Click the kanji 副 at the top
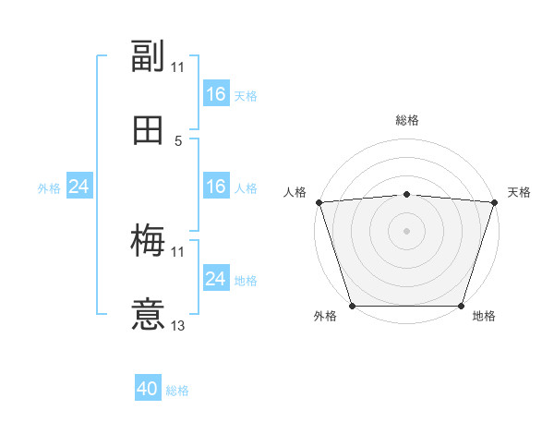pos(148,56)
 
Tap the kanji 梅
pos(148,241)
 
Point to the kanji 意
pos(148,315)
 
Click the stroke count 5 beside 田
pos(178,140)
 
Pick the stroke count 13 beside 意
pos(178,325)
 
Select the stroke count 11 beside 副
pos(178,66)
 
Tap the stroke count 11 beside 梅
pos(178,251)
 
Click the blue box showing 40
pos(148,389)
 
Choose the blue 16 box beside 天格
pos(215,94)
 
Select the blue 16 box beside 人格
pos(215,187)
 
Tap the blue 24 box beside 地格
pos(215,279)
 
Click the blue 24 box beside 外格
pos(79,187)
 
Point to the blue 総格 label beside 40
pos(177,391)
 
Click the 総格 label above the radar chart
pos(406,120)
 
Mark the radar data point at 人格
pos(319,202)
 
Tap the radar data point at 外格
pos(352,306)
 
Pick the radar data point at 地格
pos(461,306)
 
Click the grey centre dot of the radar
pos(406,231)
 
